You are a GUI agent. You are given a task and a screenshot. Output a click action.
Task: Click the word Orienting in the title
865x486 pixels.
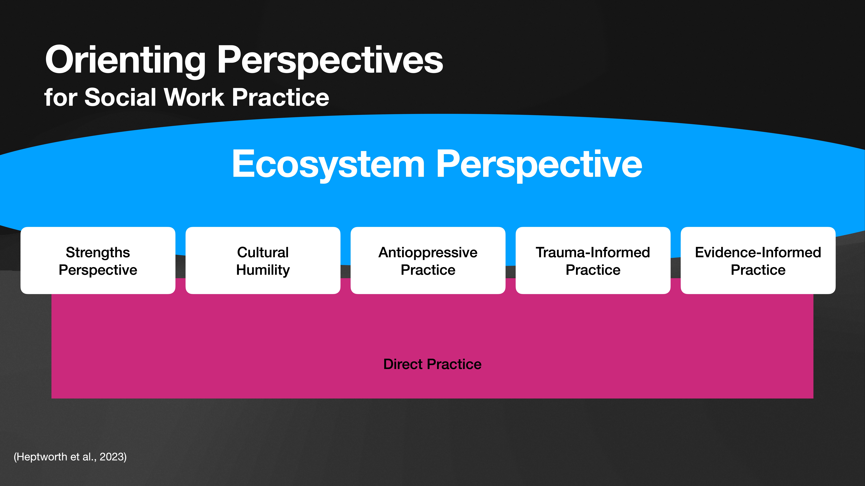coord(125,60)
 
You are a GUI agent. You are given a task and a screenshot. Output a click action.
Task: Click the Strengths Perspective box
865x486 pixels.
coord(98,261)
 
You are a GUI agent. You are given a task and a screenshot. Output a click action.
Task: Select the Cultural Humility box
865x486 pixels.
coord(263,261)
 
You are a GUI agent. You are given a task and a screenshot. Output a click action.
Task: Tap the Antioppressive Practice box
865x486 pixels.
coord(428,261)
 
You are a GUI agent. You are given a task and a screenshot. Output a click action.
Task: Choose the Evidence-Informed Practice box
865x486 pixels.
coord(758,261)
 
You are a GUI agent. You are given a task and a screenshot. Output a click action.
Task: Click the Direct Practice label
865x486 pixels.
coord(432,364)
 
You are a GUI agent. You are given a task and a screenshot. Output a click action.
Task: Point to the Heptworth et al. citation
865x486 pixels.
coord(70,457)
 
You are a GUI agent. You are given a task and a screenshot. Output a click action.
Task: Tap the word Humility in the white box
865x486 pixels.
coord(263,270)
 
